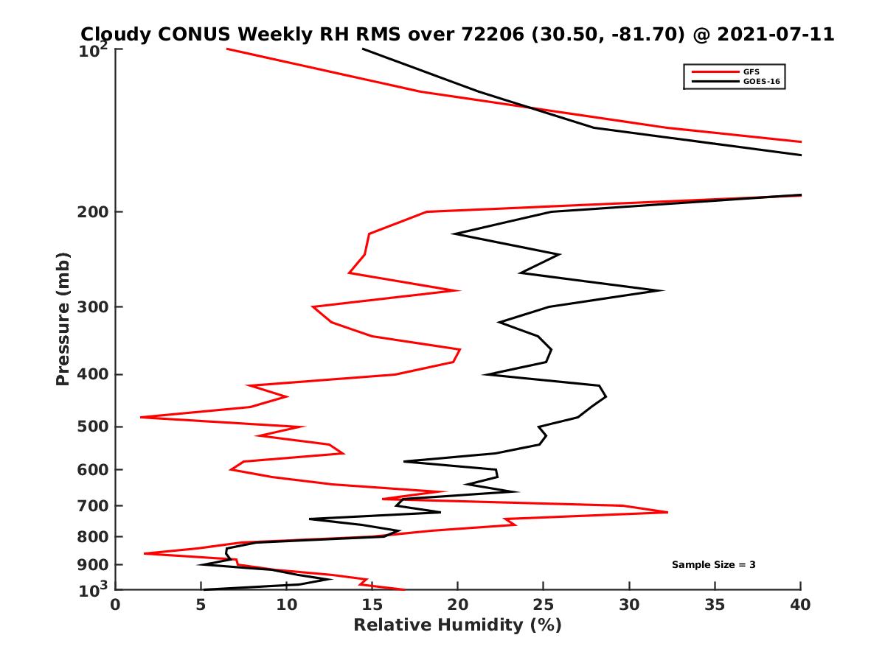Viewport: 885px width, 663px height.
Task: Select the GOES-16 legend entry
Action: click(x=760, y=81)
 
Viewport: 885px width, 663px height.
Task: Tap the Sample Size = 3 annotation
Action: click(x=713, y=565)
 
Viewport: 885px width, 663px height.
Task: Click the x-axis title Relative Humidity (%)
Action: click(x=457, y=625)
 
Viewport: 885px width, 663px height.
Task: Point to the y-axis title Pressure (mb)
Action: click(x=63, y=318)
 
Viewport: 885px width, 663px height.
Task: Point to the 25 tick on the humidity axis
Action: click(x=544, y=605)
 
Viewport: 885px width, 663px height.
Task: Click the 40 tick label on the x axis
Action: click(x=800, y=605)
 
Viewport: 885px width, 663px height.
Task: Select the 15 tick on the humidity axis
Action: click(x=372, y=605)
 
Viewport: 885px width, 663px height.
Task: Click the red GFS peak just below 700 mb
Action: click(x=667, y=512)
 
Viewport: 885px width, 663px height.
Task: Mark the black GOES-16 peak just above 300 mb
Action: click(x=662, y=290)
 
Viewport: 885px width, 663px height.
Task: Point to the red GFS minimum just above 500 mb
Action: click(x=141, y=417)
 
